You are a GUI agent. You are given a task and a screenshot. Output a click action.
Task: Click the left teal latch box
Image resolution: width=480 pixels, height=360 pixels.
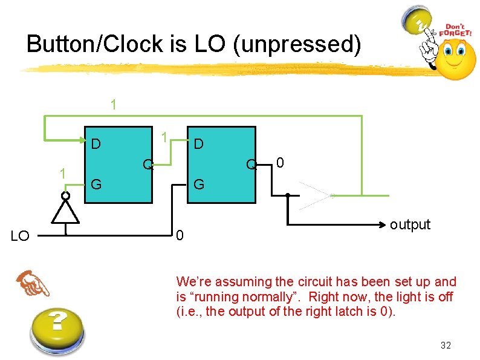tap(118, 163)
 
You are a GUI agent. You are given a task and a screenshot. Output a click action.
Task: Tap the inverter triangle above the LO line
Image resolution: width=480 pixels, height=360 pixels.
tap(66, 212)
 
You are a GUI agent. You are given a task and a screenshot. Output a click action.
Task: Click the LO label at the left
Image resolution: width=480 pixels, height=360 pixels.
tap(21, 236)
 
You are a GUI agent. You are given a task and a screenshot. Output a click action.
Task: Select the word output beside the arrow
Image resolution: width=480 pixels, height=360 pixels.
tap(410, 224)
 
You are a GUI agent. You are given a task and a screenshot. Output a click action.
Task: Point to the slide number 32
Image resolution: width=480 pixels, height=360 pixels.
tap(446, 345)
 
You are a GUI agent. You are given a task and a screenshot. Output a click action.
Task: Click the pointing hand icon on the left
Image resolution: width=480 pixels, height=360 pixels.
tap(33, 284)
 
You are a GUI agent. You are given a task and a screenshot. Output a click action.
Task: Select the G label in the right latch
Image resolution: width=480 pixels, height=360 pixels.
tap(198, 185)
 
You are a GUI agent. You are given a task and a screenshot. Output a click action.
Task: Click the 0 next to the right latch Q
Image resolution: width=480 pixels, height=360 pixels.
tap(280, 163)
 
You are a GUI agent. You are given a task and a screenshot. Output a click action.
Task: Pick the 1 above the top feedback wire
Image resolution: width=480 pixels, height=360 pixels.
tap(114, 104)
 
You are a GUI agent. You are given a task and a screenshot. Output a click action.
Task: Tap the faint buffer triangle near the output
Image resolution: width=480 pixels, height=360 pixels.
tap(317, 195)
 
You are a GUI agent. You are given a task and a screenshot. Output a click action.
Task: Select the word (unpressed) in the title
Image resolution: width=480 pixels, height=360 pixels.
tap(303, 44)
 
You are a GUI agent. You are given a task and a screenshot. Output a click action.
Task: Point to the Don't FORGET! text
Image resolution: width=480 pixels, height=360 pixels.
tap(458, 31)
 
